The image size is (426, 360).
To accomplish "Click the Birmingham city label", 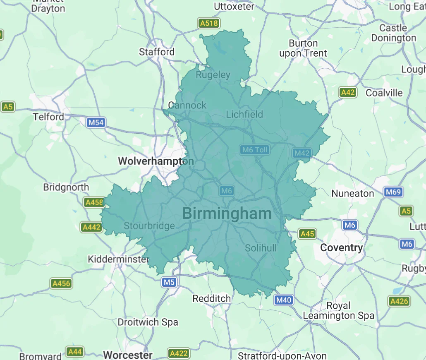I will click(227, 214).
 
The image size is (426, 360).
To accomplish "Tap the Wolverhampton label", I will click(156, 161).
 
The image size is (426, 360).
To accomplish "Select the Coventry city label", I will click(341, 248).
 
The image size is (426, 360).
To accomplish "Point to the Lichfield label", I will click(244, 114).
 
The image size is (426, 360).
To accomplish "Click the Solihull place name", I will click(261, 248).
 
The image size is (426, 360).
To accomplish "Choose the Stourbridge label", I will click(149, 226).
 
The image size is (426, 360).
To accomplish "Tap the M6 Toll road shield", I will click(255, 150).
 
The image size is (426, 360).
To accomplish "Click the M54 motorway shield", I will click(96, 122).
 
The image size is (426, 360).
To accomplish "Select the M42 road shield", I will click(302, 153).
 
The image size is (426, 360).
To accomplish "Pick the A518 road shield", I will click(208, 23).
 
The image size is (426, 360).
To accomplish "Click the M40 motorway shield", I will click(284, 300).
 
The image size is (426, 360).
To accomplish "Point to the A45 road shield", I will click(307, 234).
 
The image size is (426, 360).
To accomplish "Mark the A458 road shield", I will click(93, 202).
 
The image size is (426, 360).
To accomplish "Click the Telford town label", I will click(49, 117).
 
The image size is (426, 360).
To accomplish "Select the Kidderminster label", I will click(118, 259).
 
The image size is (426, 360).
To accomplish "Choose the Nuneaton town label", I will click(352, 193).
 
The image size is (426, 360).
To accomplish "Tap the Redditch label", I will click(212, 298).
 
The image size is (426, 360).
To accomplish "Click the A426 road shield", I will click(399, 301).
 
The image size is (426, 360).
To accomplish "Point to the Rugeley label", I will click(213, 75).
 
